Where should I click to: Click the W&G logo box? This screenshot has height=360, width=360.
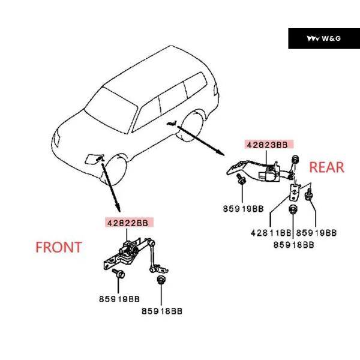(x=324, y=38)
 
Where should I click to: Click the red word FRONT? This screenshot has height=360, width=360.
(x=59, y=247)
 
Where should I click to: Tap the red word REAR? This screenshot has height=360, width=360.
(x=327, y=167)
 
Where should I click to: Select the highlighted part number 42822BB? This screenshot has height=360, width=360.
(x=129, y=223)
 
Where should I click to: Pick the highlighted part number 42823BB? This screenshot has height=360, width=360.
(x=269, y=145)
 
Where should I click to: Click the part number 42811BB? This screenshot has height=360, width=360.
(x=271, y=233)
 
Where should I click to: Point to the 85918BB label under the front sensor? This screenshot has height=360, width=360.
(x=162, y=311)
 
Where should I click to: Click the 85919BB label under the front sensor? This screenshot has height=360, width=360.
(x=119, y=299)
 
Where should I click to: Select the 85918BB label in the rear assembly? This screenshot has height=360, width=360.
(x=293, y=245)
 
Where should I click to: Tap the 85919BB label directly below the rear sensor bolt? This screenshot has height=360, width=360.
(x=244, y=209)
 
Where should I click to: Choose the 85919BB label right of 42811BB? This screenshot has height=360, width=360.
(x=316, y=233)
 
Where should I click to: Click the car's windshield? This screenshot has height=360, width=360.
(x=110, y=111)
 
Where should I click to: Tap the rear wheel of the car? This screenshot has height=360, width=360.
(x=193, y=126)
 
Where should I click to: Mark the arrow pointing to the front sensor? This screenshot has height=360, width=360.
(x=110, y=187)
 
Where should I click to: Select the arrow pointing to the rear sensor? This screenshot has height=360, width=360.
(x=200, y=140)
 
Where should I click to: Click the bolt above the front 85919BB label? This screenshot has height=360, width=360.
(x=118, y=273)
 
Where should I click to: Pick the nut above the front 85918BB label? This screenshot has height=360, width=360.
(x=160, y=280)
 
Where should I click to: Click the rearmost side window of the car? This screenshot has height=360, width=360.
(x=196, y=85)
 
